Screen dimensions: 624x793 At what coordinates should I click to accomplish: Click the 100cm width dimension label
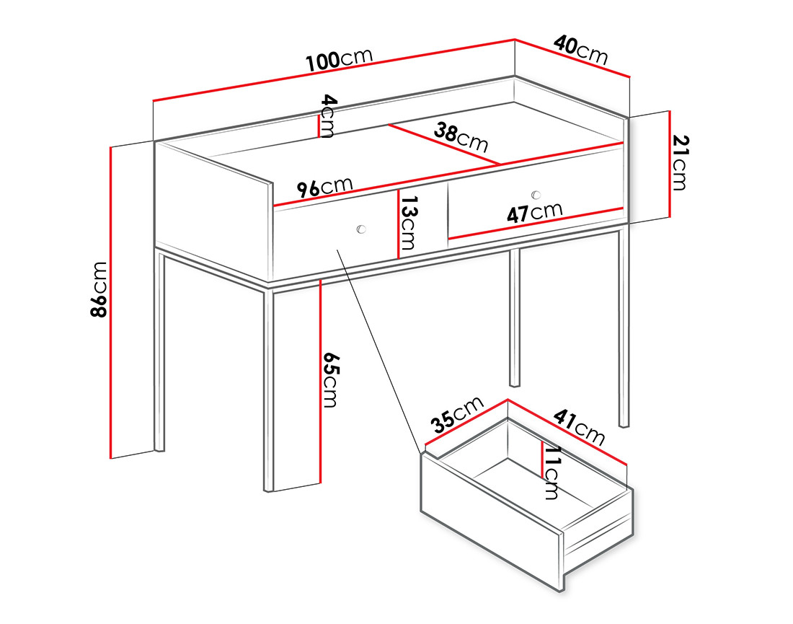[339, 60]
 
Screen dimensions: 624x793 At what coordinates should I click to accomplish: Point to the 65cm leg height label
[329, 379]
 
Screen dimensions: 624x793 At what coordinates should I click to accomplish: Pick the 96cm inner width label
[325, 188]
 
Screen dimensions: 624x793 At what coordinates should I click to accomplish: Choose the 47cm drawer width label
[534, 213]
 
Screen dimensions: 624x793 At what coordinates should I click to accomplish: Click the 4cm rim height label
[327, 115]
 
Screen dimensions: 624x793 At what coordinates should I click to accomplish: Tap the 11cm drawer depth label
[551, 473]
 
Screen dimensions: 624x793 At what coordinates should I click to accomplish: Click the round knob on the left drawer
[361, 229]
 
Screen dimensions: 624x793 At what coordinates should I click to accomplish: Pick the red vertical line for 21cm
[670, 164]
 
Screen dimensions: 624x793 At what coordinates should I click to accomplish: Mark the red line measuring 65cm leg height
[319, 382]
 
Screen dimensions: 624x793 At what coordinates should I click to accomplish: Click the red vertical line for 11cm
[541, 460]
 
